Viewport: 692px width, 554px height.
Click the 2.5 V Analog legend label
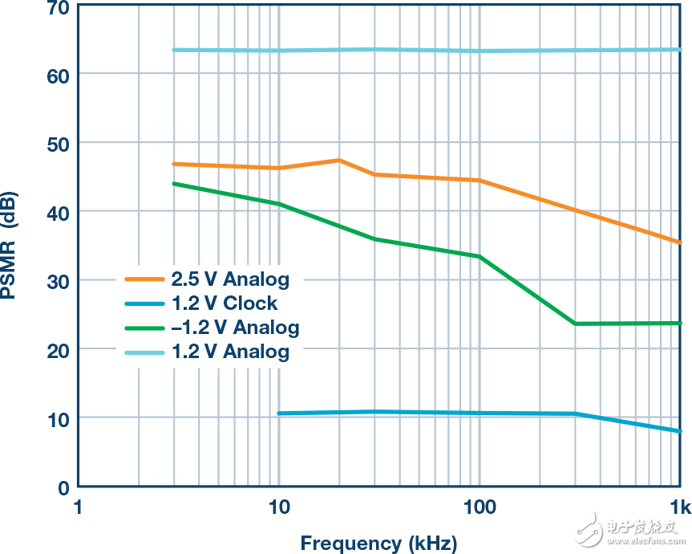point(229,280)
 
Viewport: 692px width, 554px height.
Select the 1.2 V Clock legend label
point(224,303)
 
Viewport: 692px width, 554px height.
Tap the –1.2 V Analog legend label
point(234,328)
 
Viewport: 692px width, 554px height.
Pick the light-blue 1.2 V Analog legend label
point(229,352)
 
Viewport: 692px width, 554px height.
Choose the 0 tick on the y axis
point(64,487)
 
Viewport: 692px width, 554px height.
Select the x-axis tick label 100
point(480,508)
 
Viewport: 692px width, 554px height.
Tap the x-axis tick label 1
point(78,508)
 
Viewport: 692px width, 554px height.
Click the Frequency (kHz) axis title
point(378,544)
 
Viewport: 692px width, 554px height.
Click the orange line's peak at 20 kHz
point(339,161)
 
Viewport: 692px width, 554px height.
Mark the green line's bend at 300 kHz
point(575,324)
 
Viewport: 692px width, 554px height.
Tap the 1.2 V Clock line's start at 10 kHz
point(279,413)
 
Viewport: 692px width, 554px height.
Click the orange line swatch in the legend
point(144,280)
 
